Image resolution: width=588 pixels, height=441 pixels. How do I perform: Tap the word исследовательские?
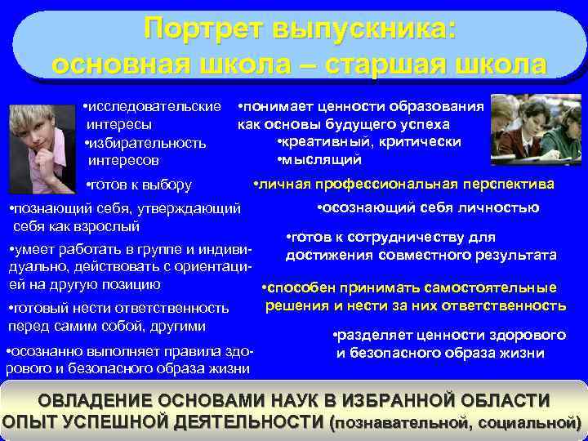pos(155,106)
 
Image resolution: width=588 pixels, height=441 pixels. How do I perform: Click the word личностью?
pos(501,207)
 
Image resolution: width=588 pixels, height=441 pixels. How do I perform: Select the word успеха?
pos(420,124)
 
